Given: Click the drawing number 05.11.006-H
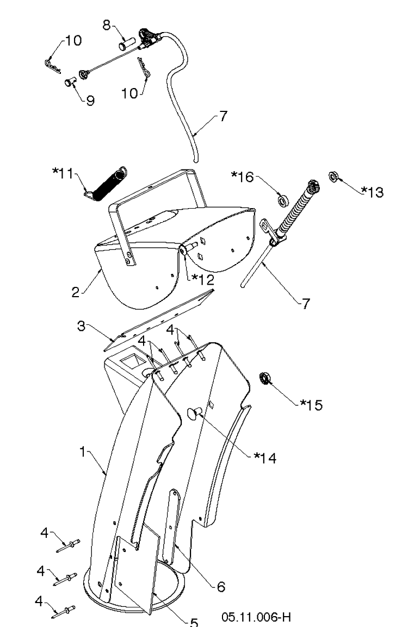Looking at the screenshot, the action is [x=256, y=617].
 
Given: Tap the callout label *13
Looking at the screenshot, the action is [x=372, y=192].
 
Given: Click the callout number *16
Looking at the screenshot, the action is [x=242, y=177].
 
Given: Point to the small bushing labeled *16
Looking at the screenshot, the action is [x=283, y=200].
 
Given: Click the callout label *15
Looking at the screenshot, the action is [x=312, y=405].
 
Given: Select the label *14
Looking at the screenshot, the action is [x=265, y=457].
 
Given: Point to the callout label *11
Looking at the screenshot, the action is [x=63, y=173].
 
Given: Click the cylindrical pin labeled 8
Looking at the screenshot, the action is [x=127, y=43].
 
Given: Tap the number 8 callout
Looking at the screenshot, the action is [x=107, y=25].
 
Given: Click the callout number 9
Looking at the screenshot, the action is [x=90, y=101].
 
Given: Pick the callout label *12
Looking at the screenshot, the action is [x=202, y=279].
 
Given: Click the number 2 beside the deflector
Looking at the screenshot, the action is [x=75, y=292].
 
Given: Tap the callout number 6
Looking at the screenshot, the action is [x=221, y=587].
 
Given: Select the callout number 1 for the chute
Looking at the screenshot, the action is [x=83, y=452].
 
